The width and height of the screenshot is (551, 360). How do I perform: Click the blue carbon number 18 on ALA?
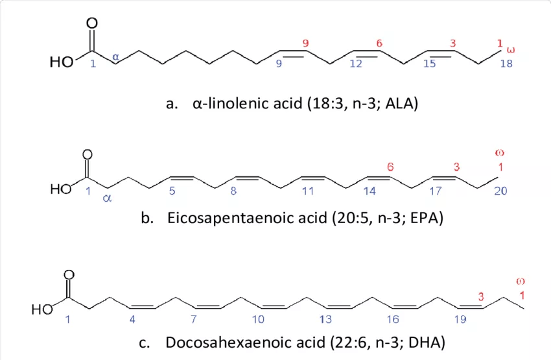[x=506, y=64]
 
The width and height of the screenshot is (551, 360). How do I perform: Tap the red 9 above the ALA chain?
[x=305, y=43]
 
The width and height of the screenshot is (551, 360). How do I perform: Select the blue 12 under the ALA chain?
[x=356, y=64]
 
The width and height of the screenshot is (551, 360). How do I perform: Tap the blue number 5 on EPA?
[x=172, y=191]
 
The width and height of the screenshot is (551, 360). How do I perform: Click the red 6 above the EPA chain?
[x=390, y=167]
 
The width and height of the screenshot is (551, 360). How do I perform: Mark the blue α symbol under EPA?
[x=107, y=198]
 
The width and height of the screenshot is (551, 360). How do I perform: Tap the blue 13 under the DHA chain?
[x=325, y=319]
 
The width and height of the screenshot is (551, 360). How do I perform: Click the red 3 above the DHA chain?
[x=481, y=296]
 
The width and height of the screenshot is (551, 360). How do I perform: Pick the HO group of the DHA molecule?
[x=42, y=311]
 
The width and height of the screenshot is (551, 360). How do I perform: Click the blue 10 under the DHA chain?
[x=259, y=319]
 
